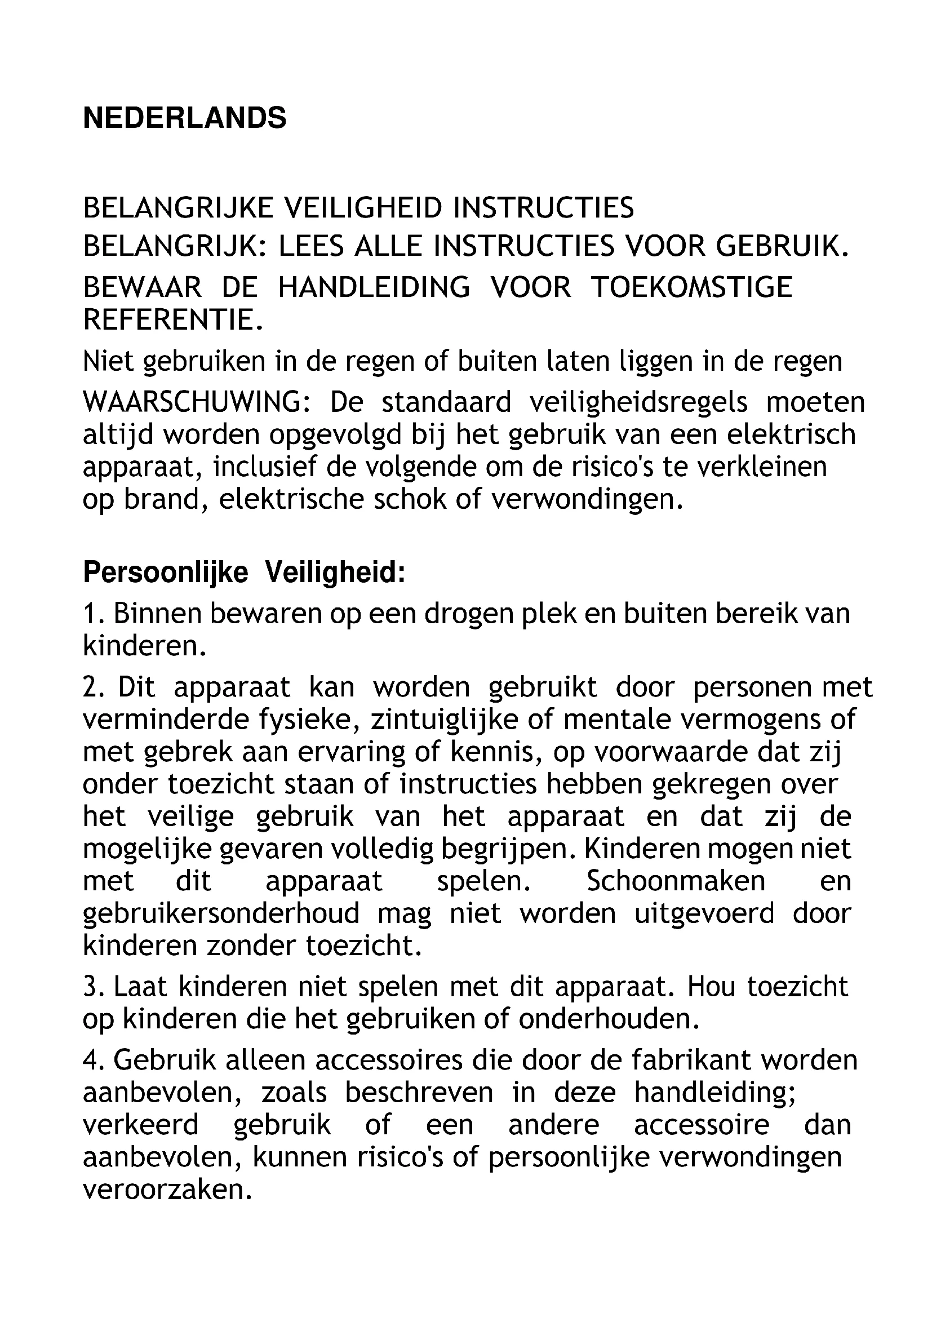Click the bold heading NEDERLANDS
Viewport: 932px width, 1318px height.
click(x=184, y=118)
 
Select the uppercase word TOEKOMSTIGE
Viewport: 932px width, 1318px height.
click(x=691, y=287)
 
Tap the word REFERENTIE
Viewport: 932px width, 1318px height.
click(x=172, y=319)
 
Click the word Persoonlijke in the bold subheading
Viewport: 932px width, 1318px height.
click(x=165, y=573)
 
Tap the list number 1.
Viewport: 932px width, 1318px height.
click(x=92, y=614)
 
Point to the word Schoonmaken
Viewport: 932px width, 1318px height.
click(x=676, y=881)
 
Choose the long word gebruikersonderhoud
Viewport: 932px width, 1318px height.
click(x=221, y=913)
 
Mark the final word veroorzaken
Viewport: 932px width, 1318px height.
click(x=167, y=1190)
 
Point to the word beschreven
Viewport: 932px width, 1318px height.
click(x=419, y=1093)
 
